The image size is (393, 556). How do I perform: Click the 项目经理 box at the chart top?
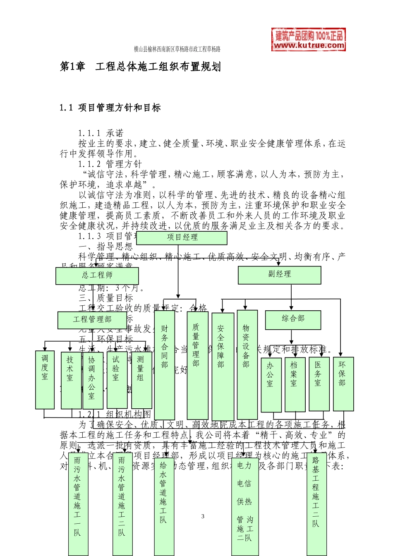pyautogui.click(x=182, y=238)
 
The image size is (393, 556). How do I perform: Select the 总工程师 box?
pyautogui.click(x=97, y=276)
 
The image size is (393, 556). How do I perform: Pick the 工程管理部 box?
pyautogui.click(x=92, y=320)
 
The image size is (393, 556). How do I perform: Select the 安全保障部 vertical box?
pyautogui.click(x=223, y=366)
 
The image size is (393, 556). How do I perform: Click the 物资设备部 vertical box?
pyautogui.click(x=247, y=364)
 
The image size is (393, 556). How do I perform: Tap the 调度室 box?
pyautogui.click(x=45, y=380)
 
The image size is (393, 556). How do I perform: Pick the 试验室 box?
pyautogui.click(x=117, y=380)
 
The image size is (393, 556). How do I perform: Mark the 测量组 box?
pyautogui.click(x=141, y=380)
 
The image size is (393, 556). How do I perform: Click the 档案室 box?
pyautogui.click(x=295, y=384)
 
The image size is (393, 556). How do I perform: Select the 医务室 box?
pyautogui.click(x=319, y=384)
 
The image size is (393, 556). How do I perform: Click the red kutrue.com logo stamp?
pyautogui.click(x=309, y=40)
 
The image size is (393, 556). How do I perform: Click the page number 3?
pyautogui.click(x=203, y=516)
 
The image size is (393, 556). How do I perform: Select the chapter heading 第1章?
pyautogui.click(x=73, y=67)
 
